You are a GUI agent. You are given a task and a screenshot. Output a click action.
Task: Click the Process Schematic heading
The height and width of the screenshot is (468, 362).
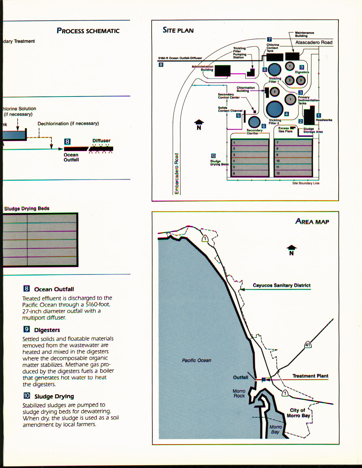point(88,31)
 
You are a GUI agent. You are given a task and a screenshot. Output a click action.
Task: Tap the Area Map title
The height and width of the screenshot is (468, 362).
point(312,222)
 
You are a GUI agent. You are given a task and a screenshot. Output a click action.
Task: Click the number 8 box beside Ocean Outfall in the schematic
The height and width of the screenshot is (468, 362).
point(67,141)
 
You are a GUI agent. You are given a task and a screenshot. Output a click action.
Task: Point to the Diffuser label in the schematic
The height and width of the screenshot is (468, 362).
point(101,140)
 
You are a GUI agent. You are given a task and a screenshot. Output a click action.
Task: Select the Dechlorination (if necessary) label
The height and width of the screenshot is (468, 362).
point(68,123)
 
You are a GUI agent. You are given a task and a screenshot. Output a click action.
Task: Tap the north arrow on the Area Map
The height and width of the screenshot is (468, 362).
point(291,250)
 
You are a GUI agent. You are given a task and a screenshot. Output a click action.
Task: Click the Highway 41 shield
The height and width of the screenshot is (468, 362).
point(308,345)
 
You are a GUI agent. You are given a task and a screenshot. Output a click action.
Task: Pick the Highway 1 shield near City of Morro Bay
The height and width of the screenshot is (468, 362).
point(285,393)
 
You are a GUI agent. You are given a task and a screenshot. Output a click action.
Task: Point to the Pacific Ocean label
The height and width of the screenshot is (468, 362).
point(196,360)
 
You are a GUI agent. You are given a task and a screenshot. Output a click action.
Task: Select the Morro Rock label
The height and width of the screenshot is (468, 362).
point(239,393)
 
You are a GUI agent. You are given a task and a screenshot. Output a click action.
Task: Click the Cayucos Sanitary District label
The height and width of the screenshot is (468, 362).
point(281,285)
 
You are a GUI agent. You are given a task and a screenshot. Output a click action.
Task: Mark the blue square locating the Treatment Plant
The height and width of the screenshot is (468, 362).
point(264,380)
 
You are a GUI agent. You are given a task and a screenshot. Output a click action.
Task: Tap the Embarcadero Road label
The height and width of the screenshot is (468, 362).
point(177,174)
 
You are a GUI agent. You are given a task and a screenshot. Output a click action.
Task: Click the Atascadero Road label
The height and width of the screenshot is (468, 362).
point(314,43)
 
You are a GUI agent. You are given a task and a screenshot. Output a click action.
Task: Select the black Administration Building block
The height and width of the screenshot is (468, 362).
point(222,71)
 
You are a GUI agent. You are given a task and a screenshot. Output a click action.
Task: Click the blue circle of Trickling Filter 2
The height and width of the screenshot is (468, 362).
point(275,109)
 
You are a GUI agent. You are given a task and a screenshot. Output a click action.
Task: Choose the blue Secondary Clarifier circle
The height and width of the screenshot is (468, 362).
point(254,122)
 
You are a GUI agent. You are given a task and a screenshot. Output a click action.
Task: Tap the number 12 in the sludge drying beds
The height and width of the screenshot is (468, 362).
point(278,173)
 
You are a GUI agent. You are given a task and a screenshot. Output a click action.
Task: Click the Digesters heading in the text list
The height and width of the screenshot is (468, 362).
point(47,330)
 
